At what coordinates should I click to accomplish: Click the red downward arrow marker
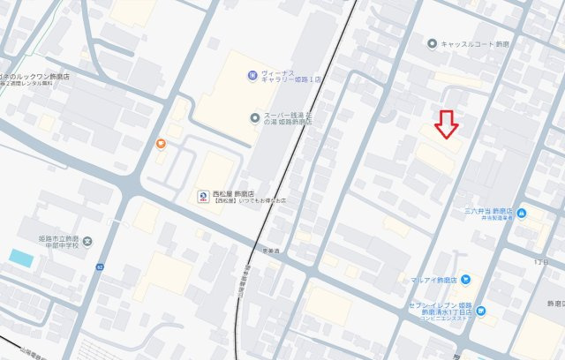point(448,124)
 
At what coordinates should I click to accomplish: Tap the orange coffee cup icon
point(161,144)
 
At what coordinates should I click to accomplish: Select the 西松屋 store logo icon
point(202,196)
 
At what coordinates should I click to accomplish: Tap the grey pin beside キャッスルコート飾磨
point(431,42)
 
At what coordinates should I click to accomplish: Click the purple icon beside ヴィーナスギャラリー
point(252,73)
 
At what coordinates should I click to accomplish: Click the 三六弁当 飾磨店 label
point(488,212)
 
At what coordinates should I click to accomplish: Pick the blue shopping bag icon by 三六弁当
point(523,213)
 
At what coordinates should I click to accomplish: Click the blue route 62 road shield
point(101,266)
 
